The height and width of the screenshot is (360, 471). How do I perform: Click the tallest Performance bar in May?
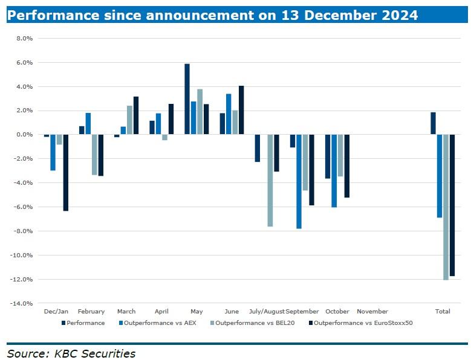tap(187, 99)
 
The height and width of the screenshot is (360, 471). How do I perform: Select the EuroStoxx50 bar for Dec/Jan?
tap(65, 173)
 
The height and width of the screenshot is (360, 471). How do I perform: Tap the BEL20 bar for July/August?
tap(270, 181)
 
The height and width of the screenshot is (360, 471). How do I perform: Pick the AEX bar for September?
tap(299, 181)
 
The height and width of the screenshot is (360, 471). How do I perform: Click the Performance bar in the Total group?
tap(433, 123)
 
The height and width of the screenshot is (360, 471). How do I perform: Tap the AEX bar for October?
tap(334, 171)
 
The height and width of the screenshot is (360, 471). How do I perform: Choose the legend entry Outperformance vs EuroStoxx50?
tap(363, 323)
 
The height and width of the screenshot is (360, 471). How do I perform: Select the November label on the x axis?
tap(372, 312)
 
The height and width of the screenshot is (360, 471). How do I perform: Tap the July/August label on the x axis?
tap(267, 312)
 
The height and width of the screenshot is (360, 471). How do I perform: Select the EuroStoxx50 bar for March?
tap(136, 115)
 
